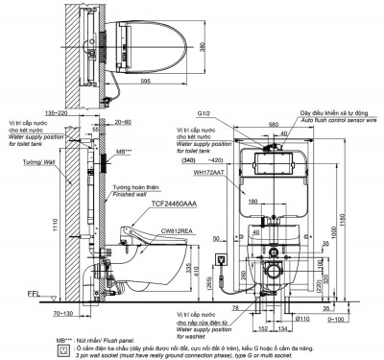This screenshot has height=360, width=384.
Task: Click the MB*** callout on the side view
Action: (x=122, y=152)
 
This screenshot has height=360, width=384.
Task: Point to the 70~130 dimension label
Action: (x=80, y=313)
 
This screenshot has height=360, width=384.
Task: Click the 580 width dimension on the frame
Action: (x=274, y=124)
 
